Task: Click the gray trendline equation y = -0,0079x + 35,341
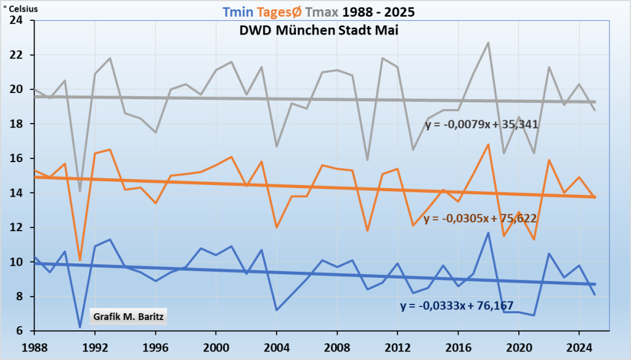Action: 482,124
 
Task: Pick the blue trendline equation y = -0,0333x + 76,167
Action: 457,306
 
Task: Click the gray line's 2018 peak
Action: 488,43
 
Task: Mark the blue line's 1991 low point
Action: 79,327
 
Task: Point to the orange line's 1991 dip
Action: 79,260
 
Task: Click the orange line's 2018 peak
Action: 488,144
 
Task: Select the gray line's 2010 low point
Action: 367,160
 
